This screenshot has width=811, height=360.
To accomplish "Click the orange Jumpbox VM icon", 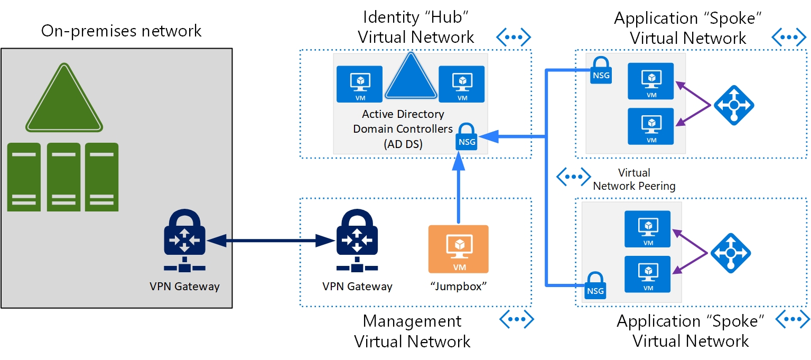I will pyautogui.click(x=458, y=248).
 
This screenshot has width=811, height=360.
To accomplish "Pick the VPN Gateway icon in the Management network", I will pyautogui.click(x=357, y=241).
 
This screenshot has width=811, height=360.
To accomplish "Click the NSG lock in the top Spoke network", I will pyautogui.click(x=601, y=71).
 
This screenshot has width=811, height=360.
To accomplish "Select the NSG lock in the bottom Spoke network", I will pyautogui.click(x=595, y=285).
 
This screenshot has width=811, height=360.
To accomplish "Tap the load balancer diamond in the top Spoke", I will pyautogui.click(x=734, y=105).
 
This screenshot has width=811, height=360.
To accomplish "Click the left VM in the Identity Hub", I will pyautogui.click(x=359, y=84).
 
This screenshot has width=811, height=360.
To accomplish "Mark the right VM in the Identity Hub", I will pyautogui.click(x=462, y=84).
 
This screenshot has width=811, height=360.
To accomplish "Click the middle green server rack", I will pyautogui.click(x=64, y=177).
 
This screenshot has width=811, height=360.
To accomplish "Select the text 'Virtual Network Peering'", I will pyautogui.click(x=634, y=179).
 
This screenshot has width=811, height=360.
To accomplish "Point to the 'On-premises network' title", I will pyautogui.click(x=121, y=31).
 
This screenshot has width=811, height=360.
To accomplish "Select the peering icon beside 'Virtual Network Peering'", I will pyautogui.click(x=574, y=177).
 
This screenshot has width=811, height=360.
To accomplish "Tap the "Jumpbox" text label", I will pyautogui.click(x=458, y=287).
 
